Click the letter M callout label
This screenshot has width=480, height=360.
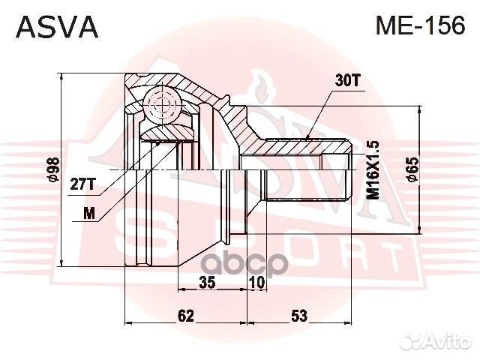tap(89, 212)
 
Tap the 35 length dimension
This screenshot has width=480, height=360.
tap(208, 283)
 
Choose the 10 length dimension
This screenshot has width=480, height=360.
tap(257, 283)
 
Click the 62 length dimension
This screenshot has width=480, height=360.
tap(186, 316)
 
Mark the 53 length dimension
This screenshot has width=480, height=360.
tap(299, 316)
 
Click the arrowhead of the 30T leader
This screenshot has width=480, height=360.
tap(308, 136)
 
